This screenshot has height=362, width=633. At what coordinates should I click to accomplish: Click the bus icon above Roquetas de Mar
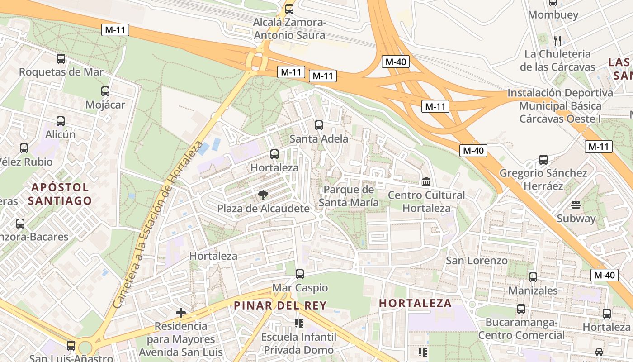click(x=61, y=58)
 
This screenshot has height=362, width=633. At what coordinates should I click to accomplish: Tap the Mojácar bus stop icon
click(x=105, y=91)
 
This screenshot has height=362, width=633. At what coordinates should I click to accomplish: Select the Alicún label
click(x=61, y=134)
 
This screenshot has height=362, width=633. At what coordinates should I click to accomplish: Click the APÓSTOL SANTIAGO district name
click(x=60, y=194)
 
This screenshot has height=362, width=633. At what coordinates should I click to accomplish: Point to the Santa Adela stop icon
click(x=319, y=125)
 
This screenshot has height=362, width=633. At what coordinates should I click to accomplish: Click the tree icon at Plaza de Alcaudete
click(x=263, y=195)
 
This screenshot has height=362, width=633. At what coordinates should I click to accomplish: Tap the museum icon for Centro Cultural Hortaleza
click(x=426, y=181)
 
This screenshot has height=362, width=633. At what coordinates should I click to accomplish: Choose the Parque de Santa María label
click(x=349, y=196)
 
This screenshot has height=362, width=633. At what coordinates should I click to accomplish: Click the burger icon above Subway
click(x=576, y=205)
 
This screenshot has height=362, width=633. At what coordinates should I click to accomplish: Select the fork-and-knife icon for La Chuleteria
click(x=557, y=41)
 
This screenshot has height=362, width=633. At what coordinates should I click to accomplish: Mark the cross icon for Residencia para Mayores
click(x=181, y=312)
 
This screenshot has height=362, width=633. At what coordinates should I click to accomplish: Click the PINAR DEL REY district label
click(x=280, y=305)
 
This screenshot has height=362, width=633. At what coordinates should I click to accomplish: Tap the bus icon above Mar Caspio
click(x=299, y=274)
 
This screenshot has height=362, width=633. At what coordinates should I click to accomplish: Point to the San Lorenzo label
click(x=477, y=261)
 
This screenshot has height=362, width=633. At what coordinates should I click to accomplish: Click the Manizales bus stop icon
click(x=533, y=277)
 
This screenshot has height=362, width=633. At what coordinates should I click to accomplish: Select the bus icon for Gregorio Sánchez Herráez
click(x=543, y=160)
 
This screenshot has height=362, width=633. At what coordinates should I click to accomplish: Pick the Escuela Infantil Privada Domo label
click(x=298, y=343)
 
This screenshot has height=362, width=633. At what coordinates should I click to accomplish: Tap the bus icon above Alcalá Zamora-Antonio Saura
click(x=289, y=9)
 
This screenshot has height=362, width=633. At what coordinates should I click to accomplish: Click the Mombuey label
click(x=553, y=15)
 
